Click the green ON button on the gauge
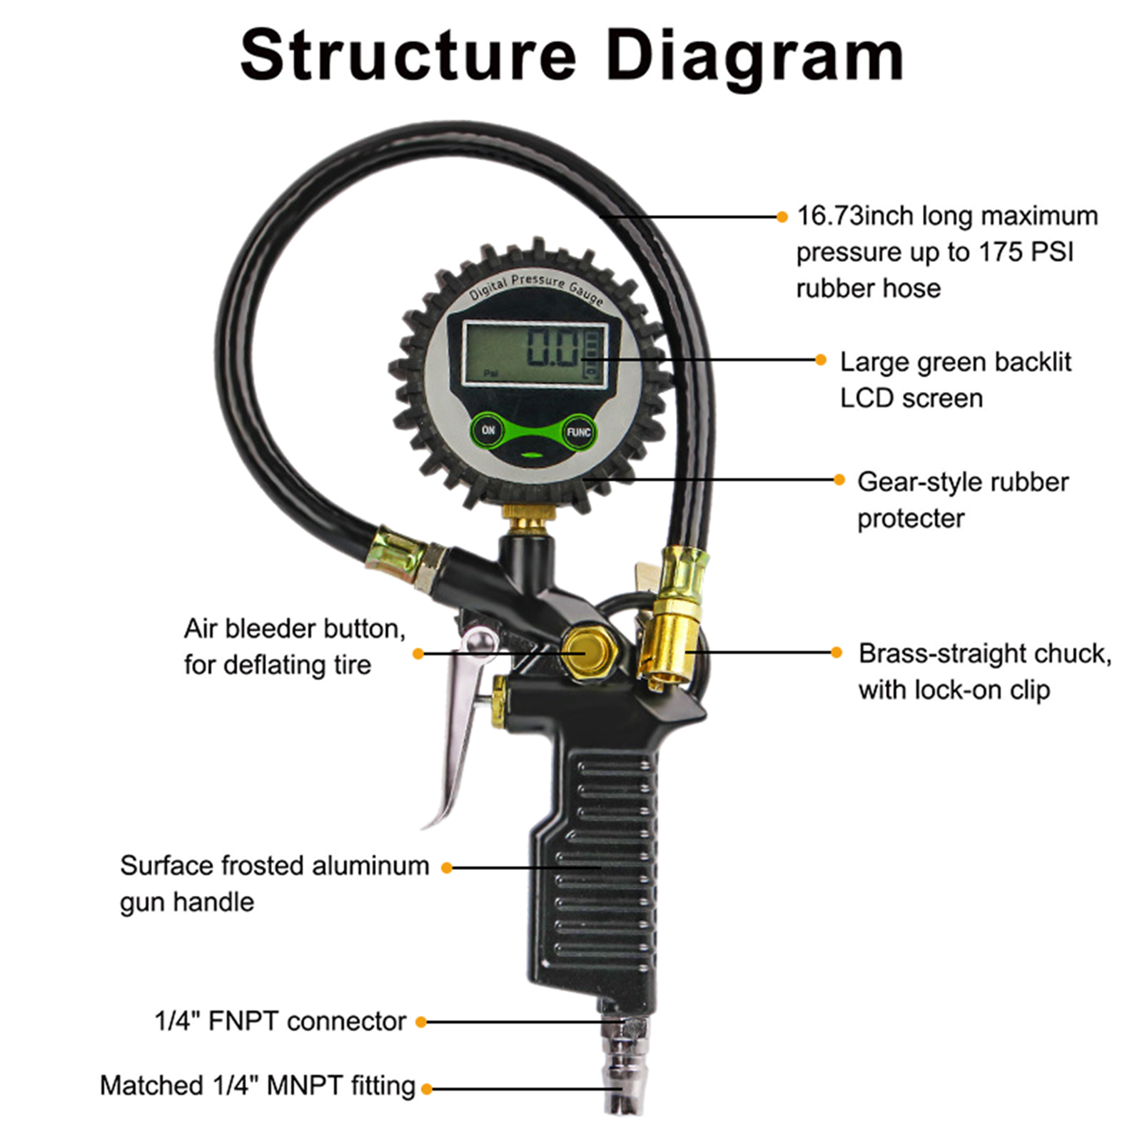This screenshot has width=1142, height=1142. coord(487,430)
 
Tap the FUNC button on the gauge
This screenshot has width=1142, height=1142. coord(578,433)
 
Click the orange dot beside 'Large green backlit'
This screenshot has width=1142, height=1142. coord(821,360)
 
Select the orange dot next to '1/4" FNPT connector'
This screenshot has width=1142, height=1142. coord(421,1022)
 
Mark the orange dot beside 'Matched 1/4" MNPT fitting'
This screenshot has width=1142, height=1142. coord(427,1088)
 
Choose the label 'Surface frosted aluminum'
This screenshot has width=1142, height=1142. coord(275,865)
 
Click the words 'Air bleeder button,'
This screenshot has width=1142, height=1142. coord(294,628)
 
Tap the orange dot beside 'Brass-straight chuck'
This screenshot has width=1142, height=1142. coord(837,652)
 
